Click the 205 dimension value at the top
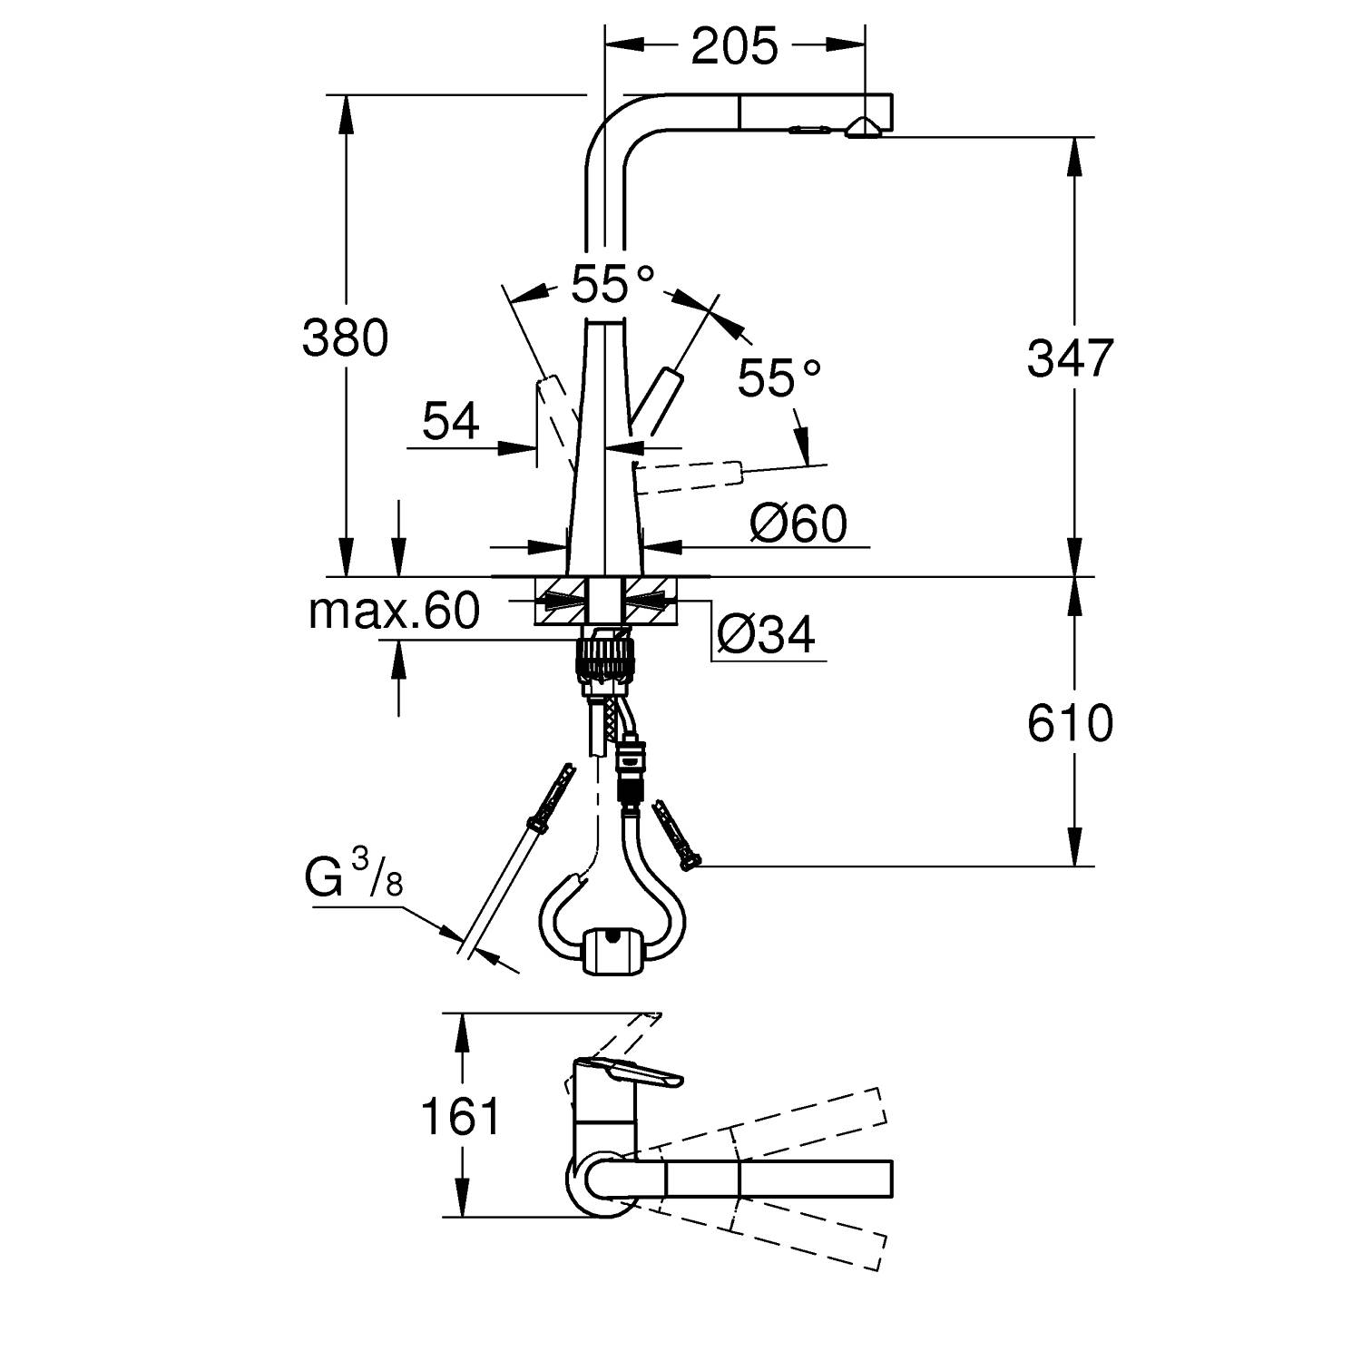[x=734, y=46]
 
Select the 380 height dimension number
[x=345, y=338]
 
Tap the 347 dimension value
[x=1069, y=357]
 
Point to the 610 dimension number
[x=1070, y=723]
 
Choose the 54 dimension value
[x=451, y=422]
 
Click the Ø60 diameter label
[x=798, y=524]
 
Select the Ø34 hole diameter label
[x=766, y=635]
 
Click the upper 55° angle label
[x=612, y=285]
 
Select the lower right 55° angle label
[x=778, y=377]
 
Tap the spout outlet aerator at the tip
[x=860, y=130]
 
